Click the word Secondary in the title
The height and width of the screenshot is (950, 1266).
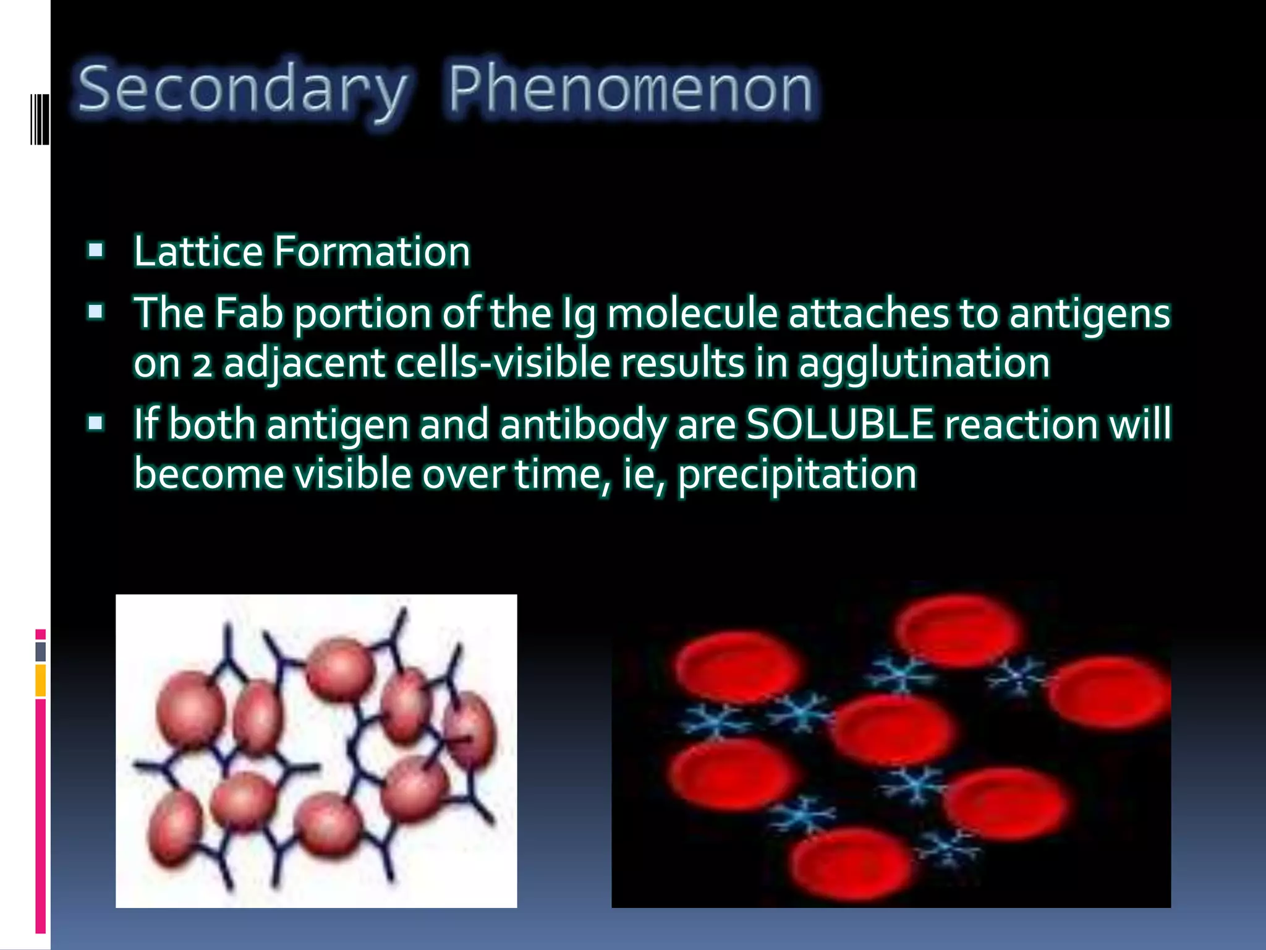[x=242, y=91]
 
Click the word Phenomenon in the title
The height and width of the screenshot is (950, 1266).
[x=631, y=91]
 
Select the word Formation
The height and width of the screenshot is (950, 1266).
[x=372, y=252]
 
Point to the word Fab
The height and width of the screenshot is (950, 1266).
[x=249, y=313]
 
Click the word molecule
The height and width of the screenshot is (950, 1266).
[x=691, y=313]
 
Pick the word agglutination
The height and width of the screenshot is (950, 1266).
[x=924, y=363]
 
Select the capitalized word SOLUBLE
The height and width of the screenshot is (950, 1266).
[x=839, y=424]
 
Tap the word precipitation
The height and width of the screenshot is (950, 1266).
[x=797, y=475]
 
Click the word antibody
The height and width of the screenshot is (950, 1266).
[x=583, y=424]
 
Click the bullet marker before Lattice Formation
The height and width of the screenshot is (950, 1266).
[x=96, y=250]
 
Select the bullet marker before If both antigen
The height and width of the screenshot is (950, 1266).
[x=96, y=424]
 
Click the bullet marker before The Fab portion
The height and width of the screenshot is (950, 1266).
[x=96, y=312]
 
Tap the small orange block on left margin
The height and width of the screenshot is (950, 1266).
[x=40, y=680]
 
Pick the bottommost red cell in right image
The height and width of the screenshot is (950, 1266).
[x=852, y=865]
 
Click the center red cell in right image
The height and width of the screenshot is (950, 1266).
[x=891, y=729]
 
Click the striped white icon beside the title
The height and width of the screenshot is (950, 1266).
[x=39, y=119]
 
